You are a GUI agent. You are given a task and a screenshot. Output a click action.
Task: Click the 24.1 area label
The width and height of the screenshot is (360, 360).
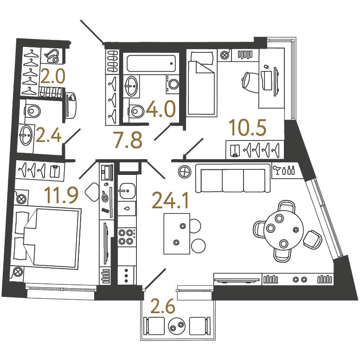[170, 200]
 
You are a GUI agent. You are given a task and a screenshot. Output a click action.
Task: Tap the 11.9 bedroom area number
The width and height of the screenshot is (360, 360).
[61, 195]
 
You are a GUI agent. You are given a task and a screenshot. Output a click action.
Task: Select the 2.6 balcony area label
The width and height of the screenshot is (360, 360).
[162, 306]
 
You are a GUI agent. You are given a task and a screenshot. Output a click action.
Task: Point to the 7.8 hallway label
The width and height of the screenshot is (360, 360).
[128, 140]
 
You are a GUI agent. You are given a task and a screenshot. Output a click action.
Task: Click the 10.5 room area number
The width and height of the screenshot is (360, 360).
[248, 128]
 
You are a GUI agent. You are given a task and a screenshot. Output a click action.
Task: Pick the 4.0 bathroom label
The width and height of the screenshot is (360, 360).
[161, 109]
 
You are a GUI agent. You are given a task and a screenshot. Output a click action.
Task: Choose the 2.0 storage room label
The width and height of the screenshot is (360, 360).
[53, 77]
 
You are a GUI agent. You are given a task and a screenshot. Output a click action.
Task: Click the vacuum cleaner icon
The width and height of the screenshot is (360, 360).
[53, 56]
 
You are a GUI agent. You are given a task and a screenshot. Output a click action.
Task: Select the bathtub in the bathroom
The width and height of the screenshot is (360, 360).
[151, 63]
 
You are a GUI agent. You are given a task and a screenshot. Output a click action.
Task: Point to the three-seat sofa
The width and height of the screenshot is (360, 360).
[233, 178]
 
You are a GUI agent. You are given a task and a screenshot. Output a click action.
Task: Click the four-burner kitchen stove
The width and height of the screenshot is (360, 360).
[126, 237]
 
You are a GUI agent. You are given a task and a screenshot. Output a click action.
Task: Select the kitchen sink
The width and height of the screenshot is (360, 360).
[127, 191]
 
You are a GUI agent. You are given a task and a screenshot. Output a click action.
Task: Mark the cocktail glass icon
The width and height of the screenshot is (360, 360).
[277, 170]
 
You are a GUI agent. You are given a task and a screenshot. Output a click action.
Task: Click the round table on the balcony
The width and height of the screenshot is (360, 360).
[176, 326]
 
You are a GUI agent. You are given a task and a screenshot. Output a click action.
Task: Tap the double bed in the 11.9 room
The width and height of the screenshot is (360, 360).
[47, 238]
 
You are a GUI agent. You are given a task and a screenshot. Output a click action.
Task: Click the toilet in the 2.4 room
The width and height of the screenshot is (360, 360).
[32, 111]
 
